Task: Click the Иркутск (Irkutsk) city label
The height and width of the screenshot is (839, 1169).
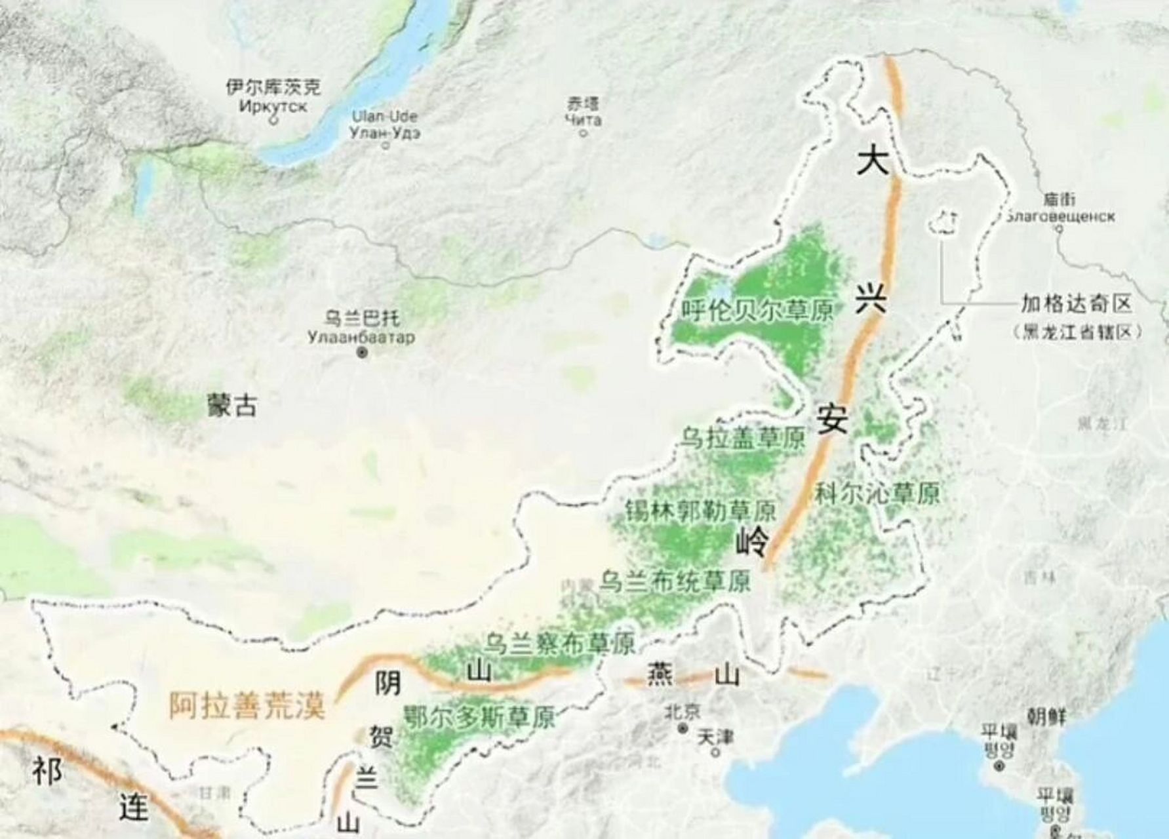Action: [x=273, y=106]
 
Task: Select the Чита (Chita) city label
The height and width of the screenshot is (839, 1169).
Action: [x=584, y=119]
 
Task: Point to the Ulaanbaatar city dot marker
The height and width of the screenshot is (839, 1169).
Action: [x=362, y=353]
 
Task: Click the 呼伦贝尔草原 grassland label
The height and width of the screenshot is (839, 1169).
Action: [x=757, y=309]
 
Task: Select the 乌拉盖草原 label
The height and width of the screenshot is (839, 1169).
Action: [x=742, y=438]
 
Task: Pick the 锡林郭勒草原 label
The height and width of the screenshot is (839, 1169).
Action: [x=700, y=510]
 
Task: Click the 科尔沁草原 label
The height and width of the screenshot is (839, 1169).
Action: [x=877, y=493]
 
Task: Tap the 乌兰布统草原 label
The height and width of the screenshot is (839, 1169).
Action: [x=675, y=581]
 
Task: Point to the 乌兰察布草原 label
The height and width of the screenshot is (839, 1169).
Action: [x=561, y=643]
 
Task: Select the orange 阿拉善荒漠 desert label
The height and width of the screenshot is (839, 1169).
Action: [x=247, y=706]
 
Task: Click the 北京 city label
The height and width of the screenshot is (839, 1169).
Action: [x=682, y=711]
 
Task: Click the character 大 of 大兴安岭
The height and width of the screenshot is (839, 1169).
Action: [x=873, y=161]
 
